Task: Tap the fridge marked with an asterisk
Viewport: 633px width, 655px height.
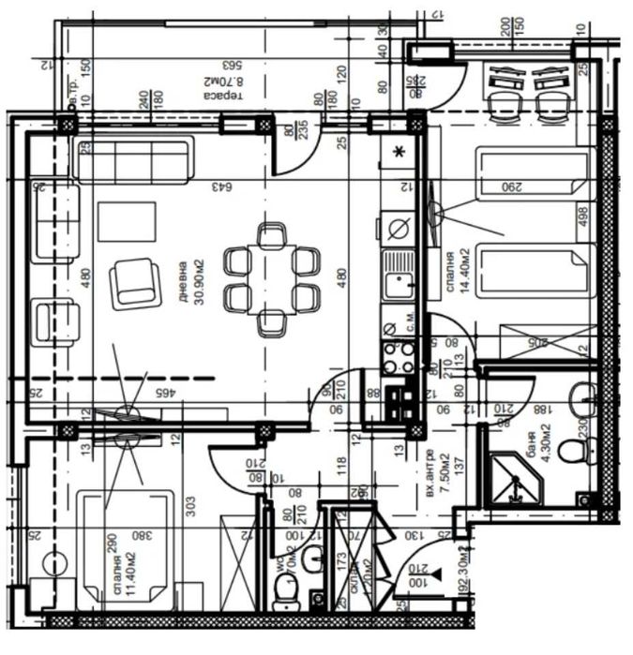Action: tap(399, 151)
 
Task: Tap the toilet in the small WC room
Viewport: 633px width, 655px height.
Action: tap(284, 588)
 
